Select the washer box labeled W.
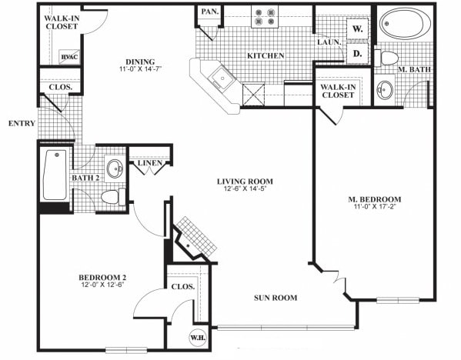pyautogui.click(x=357, y=29)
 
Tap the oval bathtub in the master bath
pyautogui.click(x=405, y=24)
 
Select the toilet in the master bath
pyautogui.click(x=390, y=58)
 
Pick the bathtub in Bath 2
pyautogui.click(x=54, y=175)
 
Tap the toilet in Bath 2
pyautogui.click(x=109, y=196)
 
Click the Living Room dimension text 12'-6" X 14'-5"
pyautogui.click(x=249, y=190)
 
